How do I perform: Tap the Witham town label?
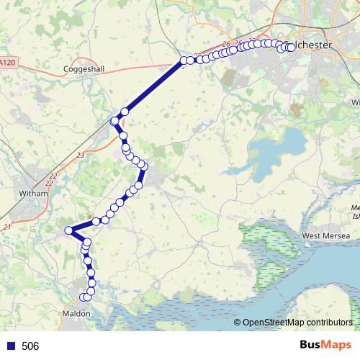[32, 193]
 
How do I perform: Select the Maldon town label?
[76, 314]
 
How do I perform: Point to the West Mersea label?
[326, 235]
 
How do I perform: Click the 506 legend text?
[30, 346]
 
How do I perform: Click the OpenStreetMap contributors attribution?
[297, 323]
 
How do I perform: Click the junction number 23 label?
[80, 155]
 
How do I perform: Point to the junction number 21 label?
[7, 228]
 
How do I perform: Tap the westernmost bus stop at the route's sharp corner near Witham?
[69, 230]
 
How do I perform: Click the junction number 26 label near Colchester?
[227, 45]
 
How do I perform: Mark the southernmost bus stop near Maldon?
[85, 297]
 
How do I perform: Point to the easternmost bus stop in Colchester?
[292, 48]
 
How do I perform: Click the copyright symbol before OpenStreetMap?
[238, 323]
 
